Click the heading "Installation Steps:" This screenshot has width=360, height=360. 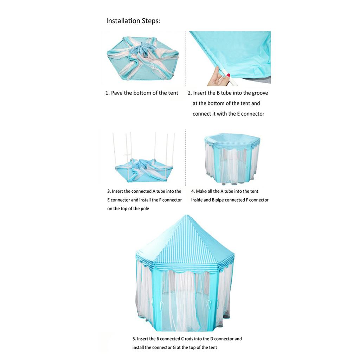click(133, 21)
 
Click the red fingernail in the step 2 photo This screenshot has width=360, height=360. click(229, 75)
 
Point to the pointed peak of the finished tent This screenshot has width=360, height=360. click(187, 216)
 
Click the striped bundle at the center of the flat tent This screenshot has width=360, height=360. click(143, 49)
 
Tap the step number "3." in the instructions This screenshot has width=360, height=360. click(109, 191)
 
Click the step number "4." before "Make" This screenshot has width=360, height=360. click(193, 191)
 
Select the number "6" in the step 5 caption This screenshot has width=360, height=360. click(158, 339)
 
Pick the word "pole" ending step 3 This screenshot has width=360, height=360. click(144, 209)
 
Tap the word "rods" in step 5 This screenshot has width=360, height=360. click(189, 339)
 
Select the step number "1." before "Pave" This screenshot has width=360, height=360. click(107, 93)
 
